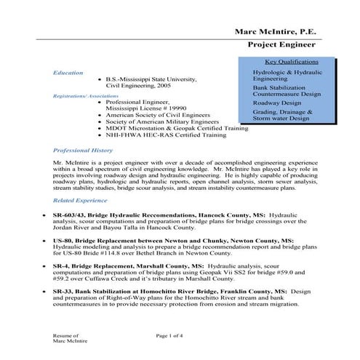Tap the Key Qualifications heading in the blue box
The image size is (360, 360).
click(291, 62)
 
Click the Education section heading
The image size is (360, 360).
click(68, 73)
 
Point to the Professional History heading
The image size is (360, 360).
click(80, 148)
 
